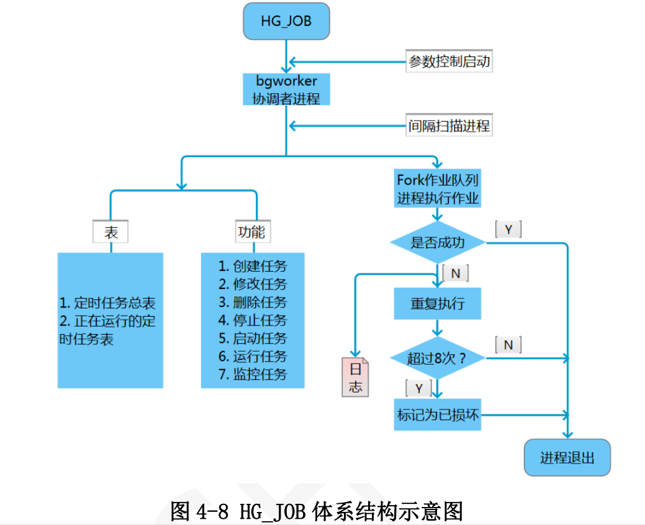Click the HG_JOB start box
tap(286, 22)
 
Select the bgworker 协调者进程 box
tap(286, 90)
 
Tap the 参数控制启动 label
tap(449, 62)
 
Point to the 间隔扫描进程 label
tap(449, 126)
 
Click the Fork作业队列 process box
tap(438, 189)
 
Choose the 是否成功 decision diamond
tap(438, 242)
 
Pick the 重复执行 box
tap(438, 304)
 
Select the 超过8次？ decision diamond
tap(438, 358)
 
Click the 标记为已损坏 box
tap(438, 414)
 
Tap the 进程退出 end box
tap(567, 458)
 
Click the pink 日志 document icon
tap(355, 377)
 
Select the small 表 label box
tap(111, 232)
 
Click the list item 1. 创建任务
tap(253, 267)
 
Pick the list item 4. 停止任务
tap(253, 321)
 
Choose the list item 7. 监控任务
tap(253, 375)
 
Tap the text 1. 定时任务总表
tap(107, 303)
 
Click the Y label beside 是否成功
tap(508, 229)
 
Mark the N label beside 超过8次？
tap(508, 345)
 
